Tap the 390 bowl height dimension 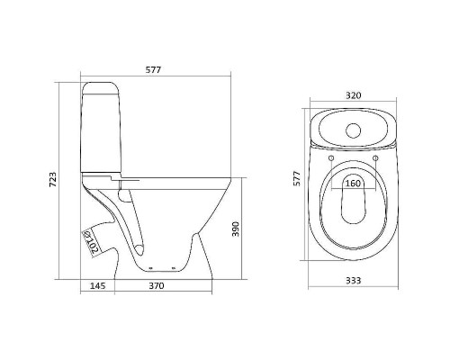click(257, 229)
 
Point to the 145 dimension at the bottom click(98, 286)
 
